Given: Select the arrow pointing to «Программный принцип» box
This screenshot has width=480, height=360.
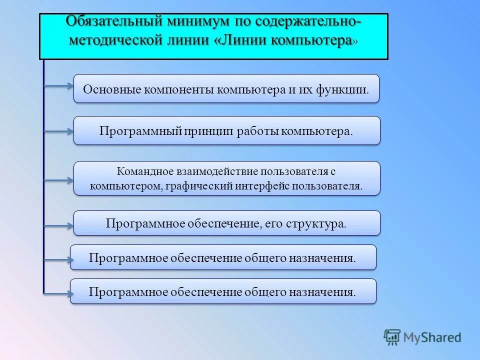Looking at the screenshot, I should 58,132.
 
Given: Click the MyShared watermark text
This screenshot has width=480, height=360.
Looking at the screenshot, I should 432,337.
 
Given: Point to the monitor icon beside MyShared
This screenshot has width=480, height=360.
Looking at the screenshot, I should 392,337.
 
